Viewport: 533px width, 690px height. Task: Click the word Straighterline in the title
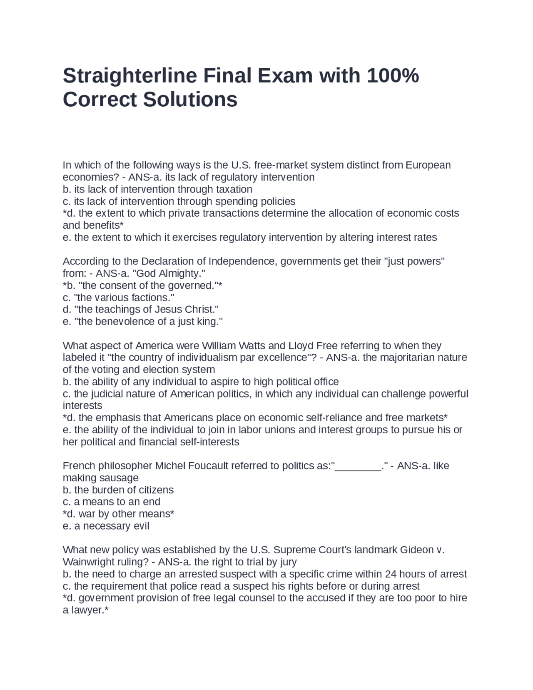click(130, 76)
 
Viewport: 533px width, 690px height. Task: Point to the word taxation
click(233, 189)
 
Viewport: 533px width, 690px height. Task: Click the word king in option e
click(212, 322)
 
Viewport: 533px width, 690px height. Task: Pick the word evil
click(141, 526)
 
